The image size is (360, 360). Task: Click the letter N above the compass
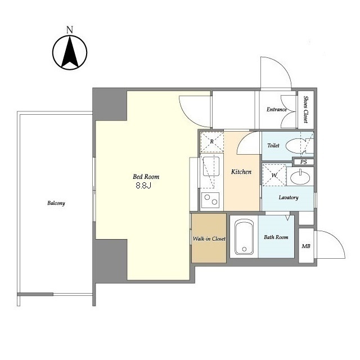70,30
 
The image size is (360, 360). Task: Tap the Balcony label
56,203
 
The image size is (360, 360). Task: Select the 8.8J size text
143,186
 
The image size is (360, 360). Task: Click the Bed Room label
146,177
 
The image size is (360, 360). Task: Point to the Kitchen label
241,172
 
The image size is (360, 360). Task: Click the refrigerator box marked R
212,142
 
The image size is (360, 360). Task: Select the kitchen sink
211,166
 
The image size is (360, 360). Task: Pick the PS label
304,162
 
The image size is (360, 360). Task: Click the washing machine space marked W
274,175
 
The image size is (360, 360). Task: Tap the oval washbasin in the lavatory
300,177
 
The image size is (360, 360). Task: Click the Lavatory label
289,197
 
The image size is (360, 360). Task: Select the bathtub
244,237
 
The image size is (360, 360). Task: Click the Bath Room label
276,237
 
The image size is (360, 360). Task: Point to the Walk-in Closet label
209,238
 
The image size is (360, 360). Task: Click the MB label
306,246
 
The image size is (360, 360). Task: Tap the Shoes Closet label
306,110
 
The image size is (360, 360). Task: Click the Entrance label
277,110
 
